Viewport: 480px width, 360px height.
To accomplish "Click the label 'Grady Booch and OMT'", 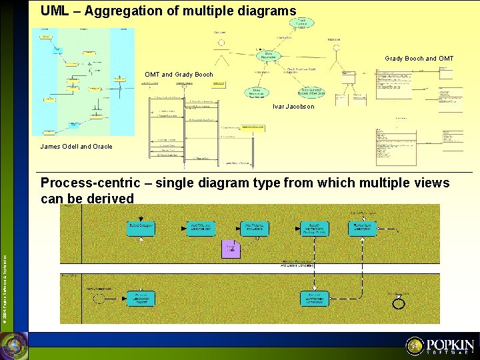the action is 419,59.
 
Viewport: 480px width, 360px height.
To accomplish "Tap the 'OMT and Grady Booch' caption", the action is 179,74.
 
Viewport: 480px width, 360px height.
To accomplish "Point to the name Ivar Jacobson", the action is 293,107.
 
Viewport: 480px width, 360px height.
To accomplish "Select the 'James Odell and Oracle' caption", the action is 76,147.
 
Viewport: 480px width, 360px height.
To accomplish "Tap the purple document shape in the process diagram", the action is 231,249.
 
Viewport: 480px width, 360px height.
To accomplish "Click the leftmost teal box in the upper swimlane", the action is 141,229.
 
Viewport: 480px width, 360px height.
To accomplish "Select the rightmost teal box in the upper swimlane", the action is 362,229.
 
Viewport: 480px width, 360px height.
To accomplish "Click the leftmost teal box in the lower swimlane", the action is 141,299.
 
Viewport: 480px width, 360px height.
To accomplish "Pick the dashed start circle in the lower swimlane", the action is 99,299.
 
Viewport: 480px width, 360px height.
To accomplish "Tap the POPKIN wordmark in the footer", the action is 450,345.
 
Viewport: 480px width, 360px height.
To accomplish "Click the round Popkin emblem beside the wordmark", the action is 415,345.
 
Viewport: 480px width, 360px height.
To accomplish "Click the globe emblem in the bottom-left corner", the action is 13,345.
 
